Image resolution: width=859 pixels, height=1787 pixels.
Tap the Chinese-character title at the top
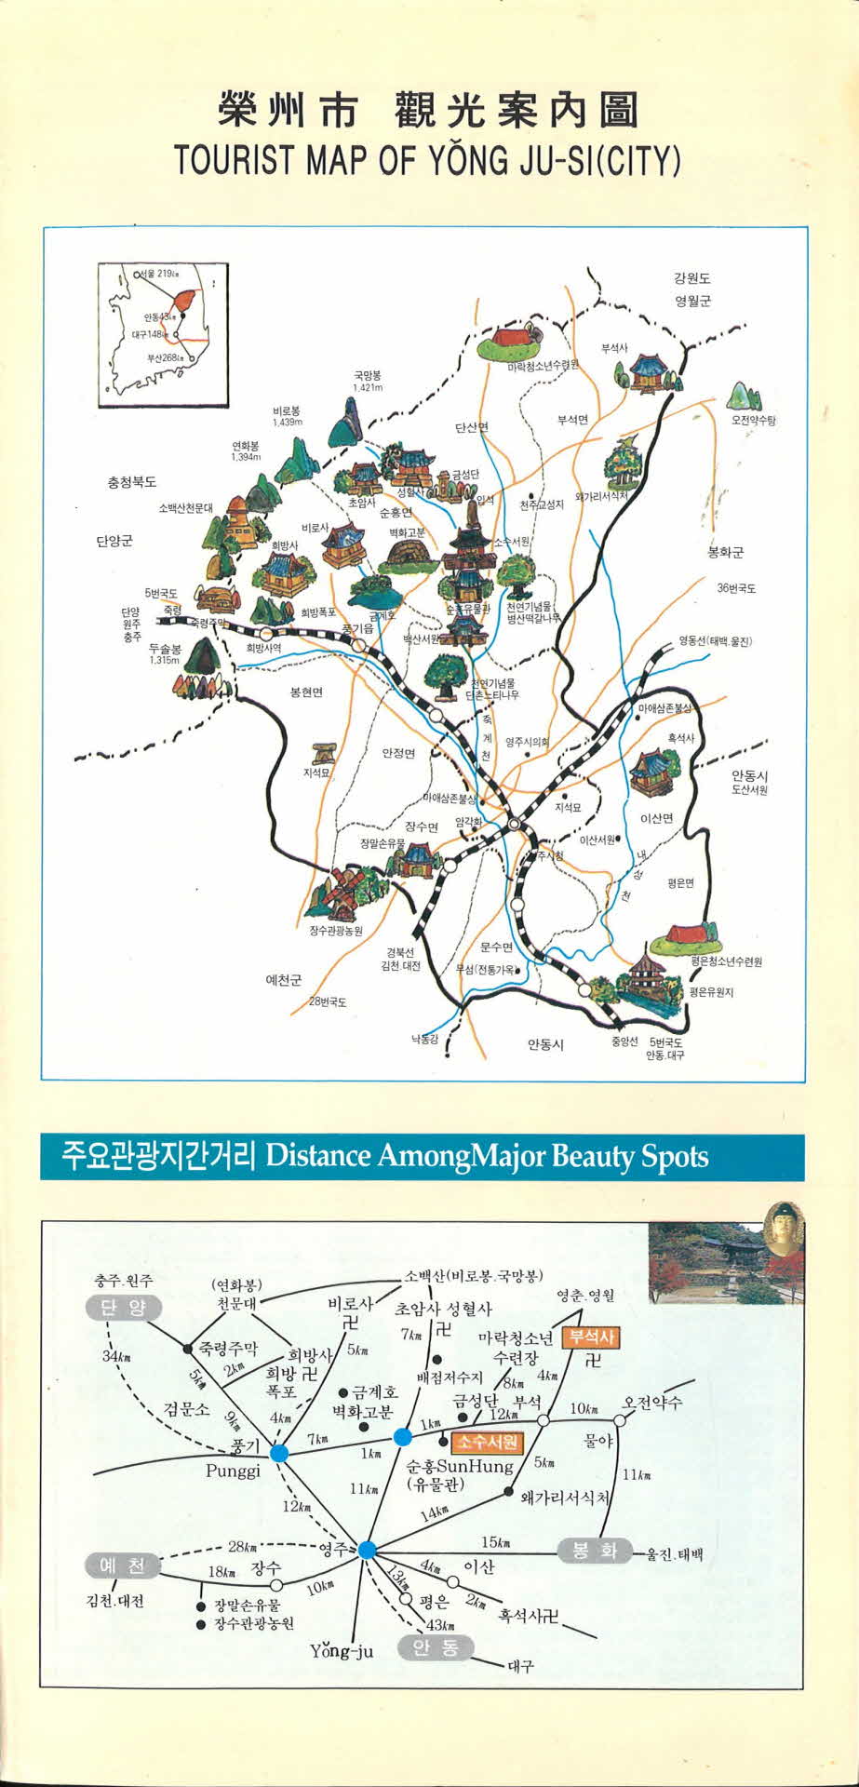point(428,110)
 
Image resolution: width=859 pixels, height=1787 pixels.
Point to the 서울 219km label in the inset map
point(157,274)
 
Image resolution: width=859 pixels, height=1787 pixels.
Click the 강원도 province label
point(692,277)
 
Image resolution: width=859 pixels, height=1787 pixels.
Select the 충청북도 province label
point(132,482)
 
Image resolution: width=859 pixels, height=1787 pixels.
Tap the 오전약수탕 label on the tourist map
point(753,421)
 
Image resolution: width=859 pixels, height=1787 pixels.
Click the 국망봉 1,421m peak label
point(368,381)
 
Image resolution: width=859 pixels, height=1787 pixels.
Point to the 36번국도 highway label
point(736,588)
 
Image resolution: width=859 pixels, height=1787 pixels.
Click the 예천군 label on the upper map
point(284,980)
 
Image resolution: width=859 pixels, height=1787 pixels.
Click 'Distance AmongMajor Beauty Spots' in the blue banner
point(487,1157)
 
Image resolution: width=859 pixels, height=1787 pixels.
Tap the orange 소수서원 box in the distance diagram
point(488,1442)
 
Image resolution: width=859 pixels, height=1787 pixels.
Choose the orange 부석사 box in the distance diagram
point(592,1337)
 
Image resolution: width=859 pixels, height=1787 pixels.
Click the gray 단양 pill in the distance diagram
point(124,1308)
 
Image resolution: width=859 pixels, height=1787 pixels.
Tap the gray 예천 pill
point(123,1566)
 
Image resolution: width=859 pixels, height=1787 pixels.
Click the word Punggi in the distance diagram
point(233,1471)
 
